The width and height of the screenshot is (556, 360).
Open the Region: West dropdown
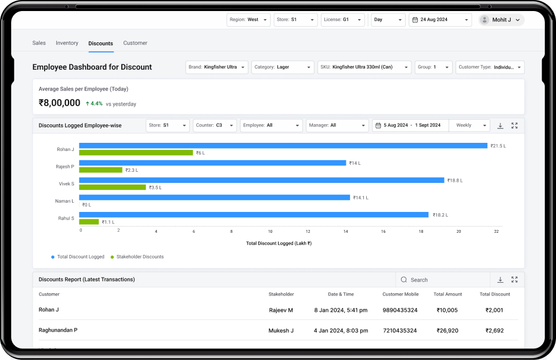248,20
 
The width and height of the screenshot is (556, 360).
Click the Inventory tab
67,43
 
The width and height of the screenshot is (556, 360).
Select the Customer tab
135,43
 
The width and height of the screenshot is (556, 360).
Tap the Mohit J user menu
501,20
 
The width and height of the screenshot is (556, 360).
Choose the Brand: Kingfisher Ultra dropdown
217,67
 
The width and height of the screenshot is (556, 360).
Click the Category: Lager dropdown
283,67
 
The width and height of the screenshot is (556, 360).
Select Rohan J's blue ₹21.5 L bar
283,146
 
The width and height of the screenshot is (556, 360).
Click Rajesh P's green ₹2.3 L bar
100,170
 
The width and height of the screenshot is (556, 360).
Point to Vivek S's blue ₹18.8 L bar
261,180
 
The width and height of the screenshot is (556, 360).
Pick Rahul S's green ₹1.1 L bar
89,222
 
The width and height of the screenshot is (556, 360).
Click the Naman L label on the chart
65,201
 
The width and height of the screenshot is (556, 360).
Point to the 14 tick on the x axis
345,231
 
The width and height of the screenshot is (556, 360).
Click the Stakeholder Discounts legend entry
139,257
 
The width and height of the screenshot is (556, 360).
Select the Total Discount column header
494,294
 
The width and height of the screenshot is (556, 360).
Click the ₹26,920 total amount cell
447,330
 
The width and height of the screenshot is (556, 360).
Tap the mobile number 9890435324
400,310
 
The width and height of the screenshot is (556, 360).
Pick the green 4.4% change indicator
93,104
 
